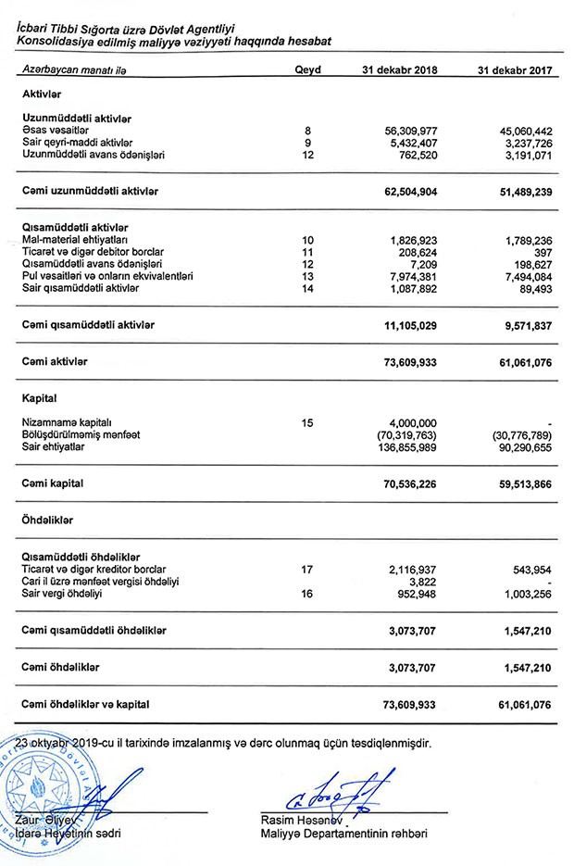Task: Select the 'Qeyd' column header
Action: click(307, 70)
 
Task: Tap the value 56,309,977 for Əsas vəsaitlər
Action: click(404, 132)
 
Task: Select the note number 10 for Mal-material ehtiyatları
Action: click(307, 240)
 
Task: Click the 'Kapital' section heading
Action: click(40, 399)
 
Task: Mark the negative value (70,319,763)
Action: click(401, 435)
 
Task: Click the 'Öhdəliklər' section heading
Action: click(48, 521)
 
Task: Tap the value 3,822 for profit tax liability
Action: click(421, 581)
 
